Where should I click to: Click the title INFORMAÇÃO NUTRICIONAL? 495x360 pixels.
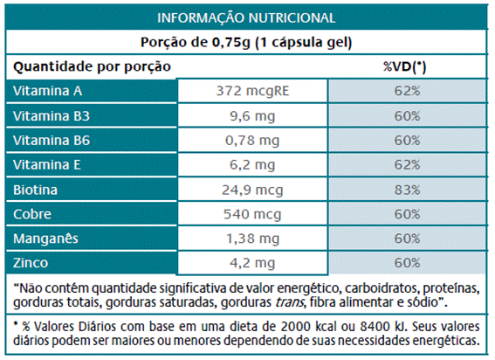(246, 17)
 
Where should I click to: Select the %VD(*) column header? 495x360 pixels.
(405, 66)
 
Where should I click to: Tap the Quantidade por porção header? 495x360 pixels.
(92, 67)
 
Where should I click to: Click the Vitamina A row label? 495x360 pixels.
(47, 91)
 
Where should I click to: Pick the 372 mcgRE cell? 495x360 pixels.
(252, 91)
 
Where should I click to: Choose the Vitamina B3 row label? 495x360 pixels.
(52, 116)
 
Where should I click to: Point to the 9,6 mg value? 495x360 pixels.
(252, 116)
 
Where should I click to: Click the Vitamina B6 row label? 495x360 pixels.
(52, 141)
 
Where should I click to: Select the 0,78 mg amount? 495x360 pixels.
(252, 141)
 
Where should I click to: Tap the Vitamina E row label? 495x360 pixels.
(47, 164)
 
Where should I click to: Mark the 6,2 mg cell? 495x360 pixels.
(252, 165)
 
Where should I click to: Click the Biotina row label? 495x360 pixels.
(35, 190)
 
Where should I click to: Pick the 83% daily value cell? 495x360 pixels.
(407, 190)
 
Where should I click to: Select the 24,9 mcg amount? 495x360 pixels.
(252, 190)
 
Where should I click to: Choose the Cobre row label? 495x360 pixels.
(32, 214)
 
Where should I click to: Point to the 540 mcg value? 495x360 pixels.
(252, 215)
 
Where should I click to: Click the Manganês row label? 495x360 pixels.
(45, 239)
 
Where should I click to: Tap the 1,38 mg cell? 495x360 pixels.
(252, 239)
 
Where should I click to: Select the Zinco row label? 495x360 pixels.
(31, 263)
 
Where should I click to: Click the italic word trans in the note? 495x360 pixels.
(290, 302)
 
